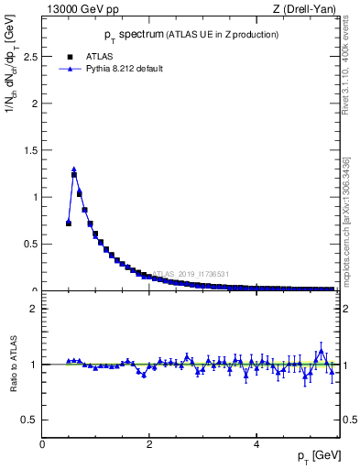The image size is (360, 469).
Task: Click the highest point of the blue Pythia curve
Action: point(74,169)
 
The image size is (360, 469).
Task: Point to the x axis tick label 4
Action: point(256,444)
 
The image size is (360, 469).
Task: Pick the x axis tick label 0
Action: point(43,444)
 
